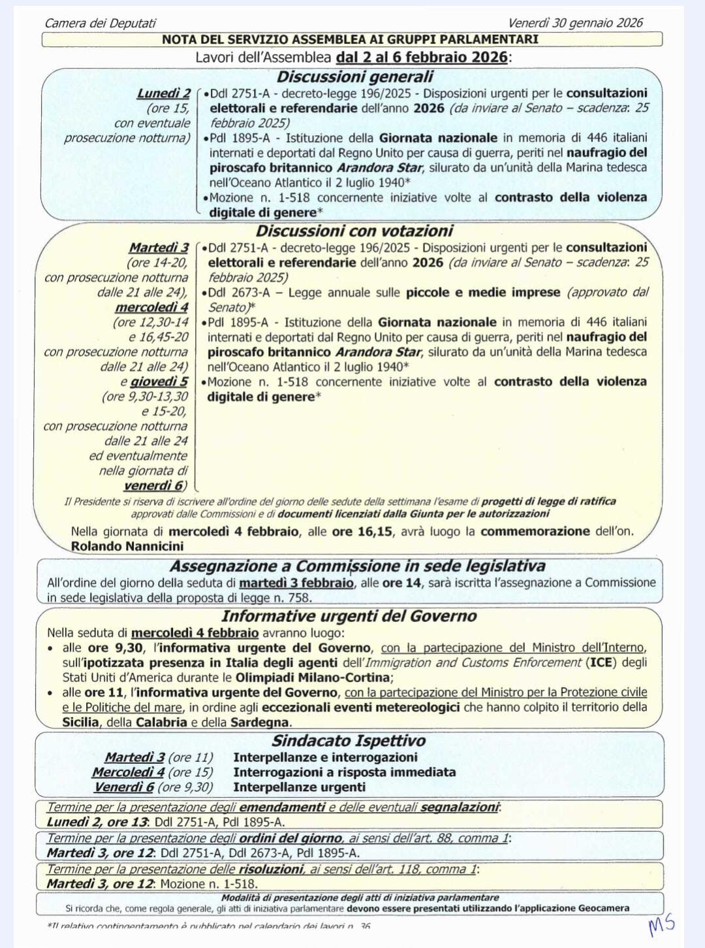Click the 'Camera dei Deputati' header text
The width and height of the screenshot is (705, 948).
pos(100,23)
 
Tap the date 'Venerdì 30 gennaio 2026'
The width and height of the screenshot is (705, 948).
pos(575,23)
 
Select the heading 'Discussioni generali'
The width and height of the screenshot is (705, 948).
pos(354,76)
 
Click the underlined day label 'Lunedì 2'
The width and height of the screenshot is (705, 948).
pos(163,93)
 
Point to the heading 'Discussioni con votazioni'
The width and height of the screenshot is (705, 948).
pos(354,231)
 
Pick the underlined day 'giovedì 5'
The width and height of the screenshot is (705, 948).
pos(159,382)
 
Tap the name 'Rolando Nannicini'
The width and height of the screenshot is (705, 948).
pos(127,546)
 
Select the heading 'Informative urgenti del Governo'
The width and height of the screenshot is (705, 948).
pos(349,616)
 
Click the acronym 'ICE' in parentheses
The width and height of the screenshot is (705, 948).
pos(601,662)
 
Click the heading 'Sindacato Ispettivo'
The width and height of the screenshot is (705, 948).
pos(349,740)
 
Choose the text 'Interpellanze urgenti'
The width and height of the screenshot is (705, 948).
pos(299,787)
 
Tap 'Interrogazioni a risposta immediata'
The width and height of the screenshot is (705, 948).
pos(344,772)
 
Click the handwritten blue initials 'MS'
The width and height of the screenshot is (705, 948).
pos(661,925)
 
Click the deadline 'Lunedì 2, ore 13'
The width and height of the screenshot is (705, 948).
pos(97,822)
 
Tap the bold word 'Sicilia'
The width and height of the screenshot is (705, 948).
pos(81,722)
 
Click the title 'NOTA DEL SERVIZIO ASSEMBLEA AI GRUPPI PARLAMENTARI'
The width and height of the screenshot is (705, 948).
pos(351,39)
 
